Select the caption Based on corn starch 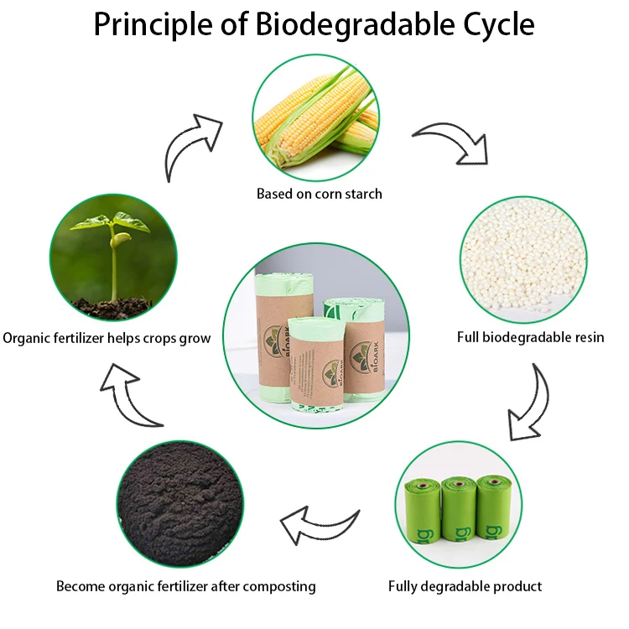click(x=319, y=194)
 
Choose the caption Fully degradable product click(x=465, y=586)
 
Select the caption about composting click(x=185, y=586)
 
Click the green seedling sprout click(x=113, y=252)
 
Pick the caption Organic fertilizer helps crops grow click(x=107, y=339)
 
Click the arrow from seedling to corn click(x=191, y=143)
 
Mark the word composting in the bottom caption click(x=278, y=586)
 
